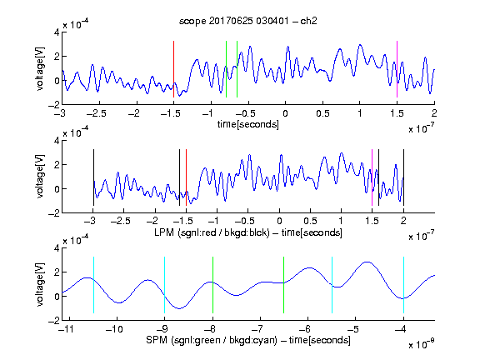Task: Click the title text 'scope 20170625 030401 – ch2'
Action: tap(248, 21)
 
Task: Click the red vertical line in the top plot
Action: tap(173, 69)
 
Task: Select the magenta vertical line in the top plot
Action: tap(397, 69)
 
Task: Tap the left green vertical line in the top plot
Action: tap(226, 69)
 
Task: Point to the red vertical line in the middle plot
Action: tap(186, 177)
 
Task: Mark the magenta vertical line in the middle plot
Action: tap(372, 177)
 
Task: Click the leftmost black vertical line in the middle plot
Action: tap(93, 177)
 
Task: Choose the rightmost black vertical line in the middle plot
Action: tap(403, 177)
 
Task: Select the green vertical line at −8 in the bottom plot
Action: tap(212, 285)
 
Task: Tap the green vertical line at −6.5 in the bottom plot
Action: tap(284, 285)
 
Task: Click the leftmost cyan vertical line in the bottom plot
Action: tap(93, 285)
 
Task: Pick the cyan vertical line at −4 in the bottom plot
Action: tap(404, 285)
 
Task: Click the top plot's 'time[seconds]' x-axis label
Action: tap(248, 124)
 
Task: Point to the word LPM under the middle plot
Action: tap(164, 232)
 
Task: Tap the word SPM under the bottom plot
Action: tap(157, 340)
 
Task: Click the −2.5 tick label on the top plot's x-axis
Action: tap(96, 113)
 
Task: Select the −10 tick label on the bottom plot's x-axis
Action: tap(114, 329)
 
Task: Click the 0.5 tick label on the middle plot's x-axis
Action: tap(310, 221)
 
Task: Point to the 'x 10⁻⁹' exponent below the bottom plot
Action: tap(421, 344)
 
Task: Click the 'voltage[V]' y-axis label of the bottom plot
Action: tap(40, 284)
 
